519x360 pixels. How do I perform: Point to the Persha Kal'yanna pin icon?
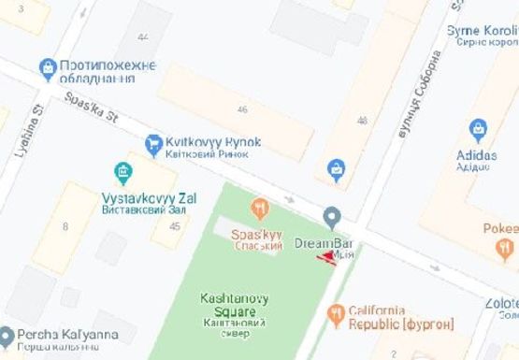tap(7, 335)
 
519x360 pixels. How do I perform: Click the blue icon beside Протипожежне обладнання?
tap(47, 67)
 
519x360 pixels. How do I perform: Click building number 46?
tap(243, 110)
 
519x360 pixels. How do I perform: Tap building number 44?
tap(142, 37)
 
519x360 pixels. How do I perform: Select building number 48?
tap(362, 121)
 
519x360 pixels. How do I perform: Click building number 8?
tap(65, 225)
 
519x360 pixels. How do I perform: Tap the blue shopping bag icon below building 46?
tap(336, 169)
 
